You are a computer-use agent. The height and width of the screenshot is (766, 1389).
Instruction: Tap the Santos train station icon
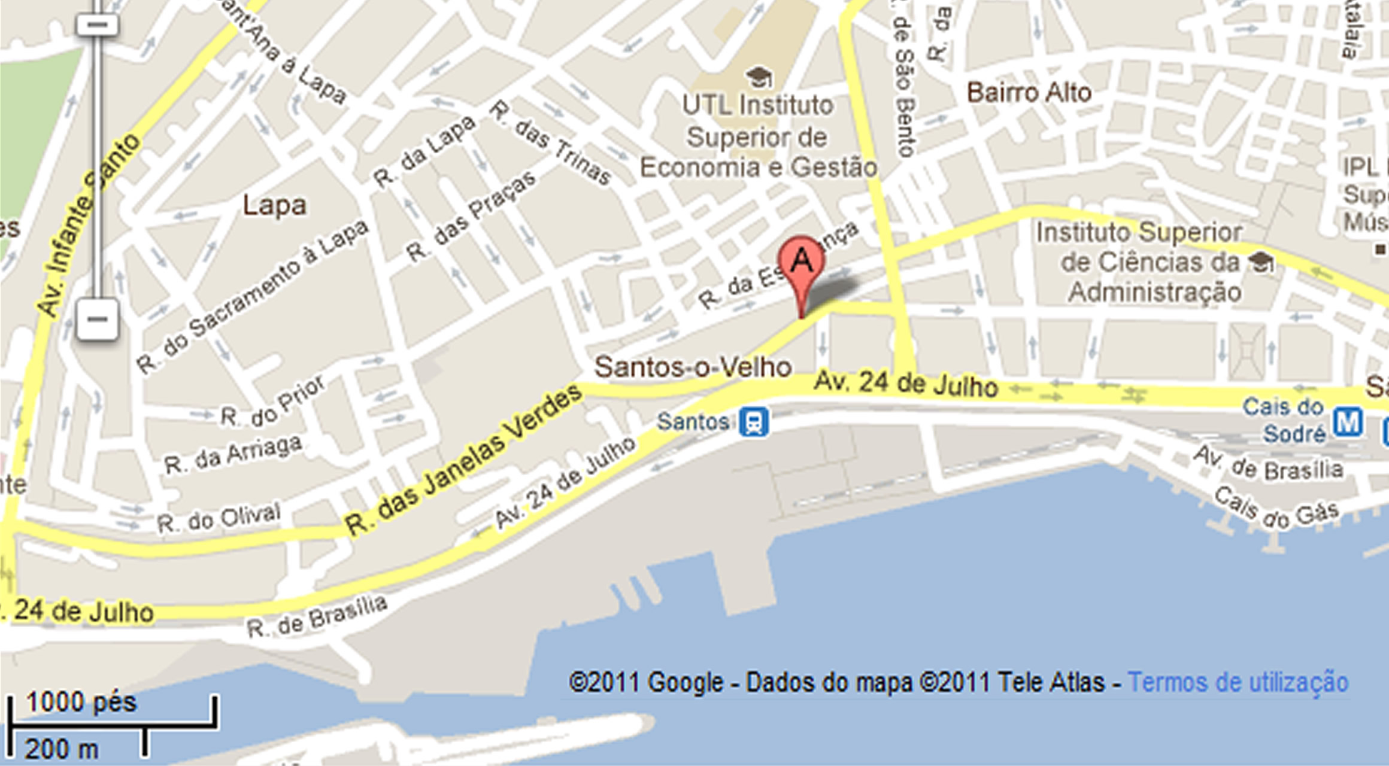click(754, 422)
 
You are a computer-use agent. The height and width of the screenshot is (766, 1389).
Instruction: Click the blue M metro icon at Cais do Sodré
click(1348, 422)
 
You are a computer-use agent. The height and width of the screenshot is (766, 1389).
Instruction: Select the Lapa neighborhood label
click(274, 205)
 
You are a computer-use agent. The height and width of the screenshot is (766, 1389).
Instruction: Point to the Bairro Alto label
click(1029, 93)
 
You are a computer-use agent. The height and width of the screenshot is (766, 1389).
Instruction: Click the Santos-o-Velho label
click(693, 366)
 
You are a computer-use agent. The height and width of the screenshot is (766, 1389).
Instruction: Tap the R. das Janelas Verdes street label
click(465, 460)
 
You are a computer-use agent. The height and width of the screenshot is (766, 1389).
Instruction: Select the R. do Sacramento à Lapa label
click(252, 296)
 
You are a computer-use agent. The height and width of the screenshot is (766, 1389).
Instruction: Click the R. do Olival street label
click(219, 518)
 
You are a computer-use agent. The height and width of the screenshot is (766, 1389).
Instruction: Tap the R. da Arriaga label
click(233, 455)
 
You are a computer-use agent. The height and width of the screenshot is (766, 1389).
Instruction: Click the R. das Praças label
click(472, 216)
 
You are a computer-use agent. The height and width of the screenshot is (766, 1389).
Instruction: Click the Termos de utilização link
click(1238, 682)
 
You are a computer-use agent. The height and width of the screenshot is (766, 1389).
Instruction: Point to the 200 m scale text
click(62, 749)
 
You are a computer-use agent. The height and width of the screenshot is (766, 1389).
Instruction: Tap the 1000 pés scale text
click(81, 702)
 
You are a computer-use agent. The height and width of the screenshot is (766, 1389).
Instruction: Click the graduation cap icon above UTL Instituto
click(759, 77)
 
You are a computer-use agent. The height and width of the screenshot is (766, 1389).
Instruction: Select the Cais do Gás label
click(1276, 508)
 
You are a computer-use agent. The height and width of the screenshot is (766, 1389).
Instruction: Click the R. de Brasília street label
click(317, 617)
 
